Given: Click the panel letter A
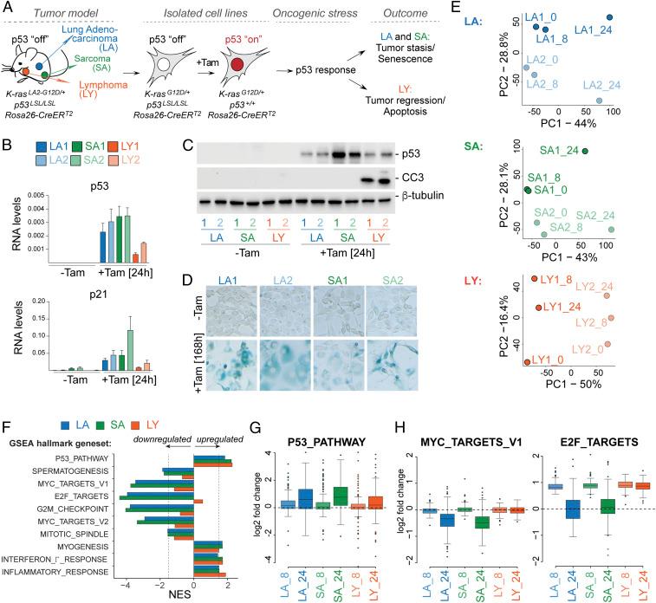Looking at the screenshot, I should tap(8, 8).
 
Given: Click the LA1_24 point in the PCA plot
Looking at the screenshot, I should tap(609, 18).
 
